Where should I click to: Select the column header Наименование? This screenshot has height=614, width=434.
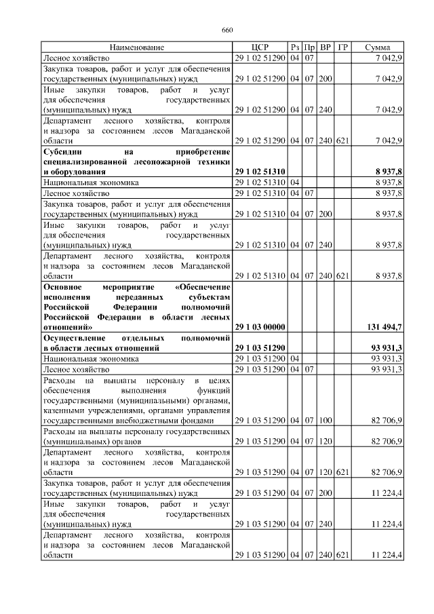[x=138, y=47]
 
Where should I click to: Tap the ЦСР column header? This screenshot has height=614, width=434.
[x=260, y=47]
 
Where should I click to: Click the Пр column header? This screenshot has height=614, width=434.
[x=310, y=47]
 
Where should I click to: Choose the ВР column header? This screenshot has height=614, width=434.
[x=325, y=47]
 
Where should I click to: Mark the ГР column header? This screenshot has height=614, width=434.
[x=343, y=47]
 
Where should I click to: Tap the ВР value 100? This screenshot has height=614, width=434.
[x=325, y=421]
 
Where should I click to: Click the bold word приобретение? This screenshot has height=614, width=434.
[x=203, y=152]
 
